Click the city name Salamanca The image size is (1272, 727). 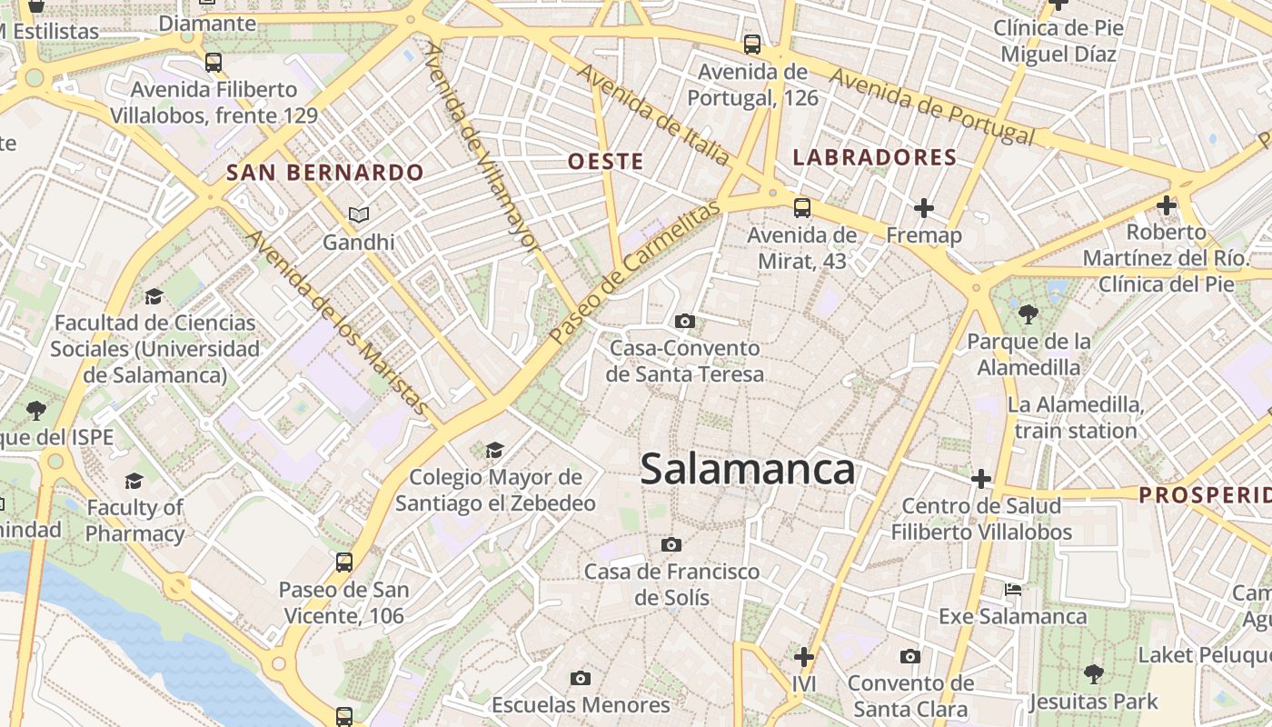[x=747, y=470]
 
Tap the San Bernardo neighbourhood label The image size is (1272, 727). [x=325, y=173]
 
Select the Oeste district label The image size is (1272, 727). [x=605, y=162]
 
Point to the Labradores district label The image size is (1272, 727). [x=875, y=157]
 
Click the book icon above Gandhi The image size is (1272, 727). [x=359, y=215]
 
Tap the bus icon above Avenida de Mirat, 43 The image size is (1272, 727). [x=801, y=207]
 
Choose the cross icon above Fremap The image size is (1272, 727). [x=924, y=208]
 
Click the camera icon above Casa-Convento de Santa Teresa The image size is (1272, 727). [x=685, y=321]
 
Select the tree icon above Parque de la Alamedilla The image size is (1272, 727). [x=1029, y=314]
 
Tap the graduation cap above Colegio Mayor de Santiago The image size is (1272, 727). [x=495, y=450]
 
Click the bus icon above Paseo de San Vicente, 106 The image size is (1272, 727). [x=343, y=562]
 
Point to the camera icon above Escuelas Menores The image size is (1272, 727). [x=581, y=678]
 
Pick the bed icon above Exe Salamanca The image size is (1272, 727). [x=1013, y=590]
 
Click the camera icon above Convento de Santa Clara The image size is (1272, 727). [x=909, y=656]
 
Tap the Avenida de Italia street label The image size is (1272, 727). [x=654, y=115]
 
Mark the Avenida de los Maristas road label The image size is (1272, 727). [x=337, y=324]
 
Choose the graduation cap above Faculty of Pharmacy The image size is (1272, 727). [x=134, y=481]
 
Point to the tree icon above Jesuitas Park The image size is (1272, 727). [x=1094, y=673]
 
